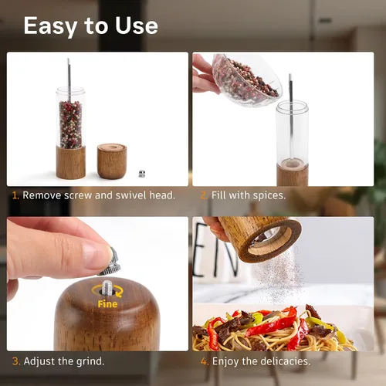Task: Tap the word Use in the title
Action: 137,25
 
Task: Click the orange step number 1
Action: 15,195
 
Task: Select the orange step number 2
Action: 204,195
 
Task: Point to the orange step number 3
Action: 16,361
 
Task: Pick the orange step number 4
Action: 205,361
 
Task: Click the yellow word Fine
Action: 107,304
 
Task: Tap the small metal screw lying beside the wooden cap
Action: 142,174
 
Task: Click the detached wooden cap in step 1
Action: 112,161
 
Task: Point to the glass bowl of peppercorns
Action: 245,80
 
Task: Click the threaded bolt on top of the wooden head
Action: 107,287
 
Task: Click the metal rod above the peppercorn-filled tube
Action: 69,77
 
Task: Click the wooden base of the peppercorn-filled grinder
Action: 71,163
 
